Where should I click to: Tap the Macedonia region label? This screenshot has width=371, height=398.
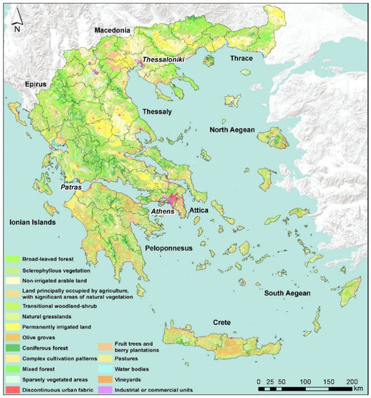[110, 30]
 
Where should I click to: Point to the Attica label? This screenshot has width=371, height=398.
[199, 211]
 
